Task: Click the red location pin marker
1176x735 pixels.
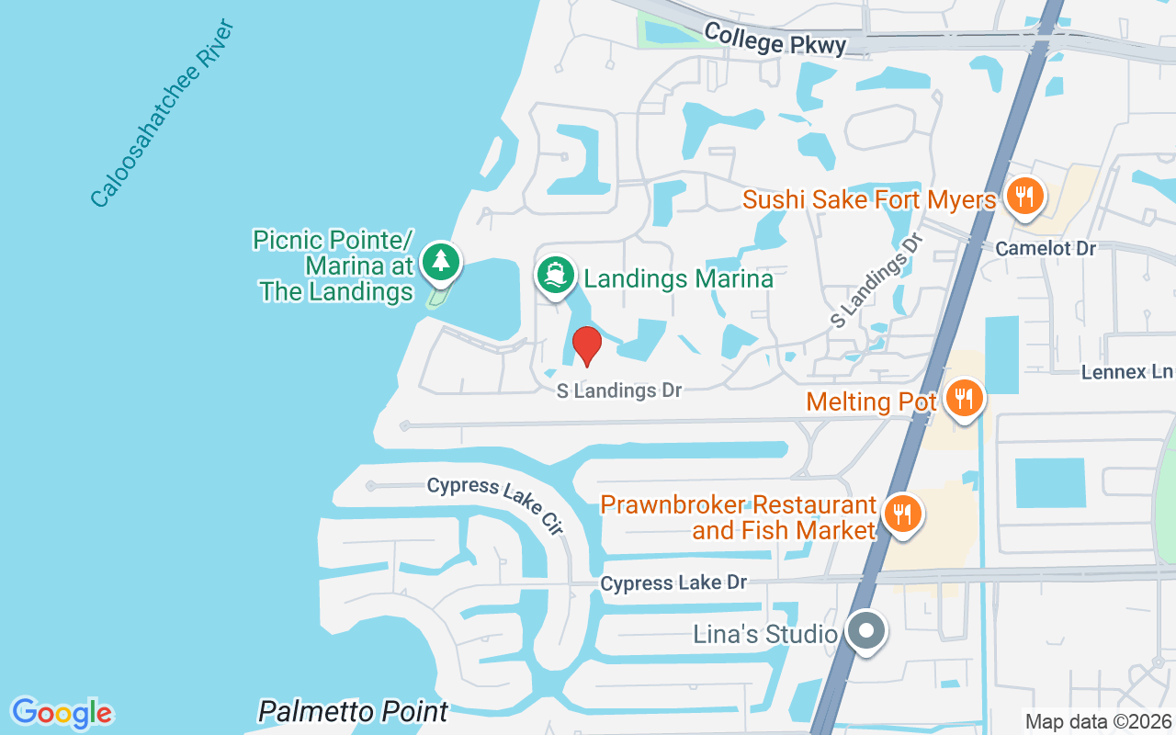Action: coord(586,345)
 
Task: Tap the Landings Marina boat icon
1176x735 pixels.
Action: coord(556,276)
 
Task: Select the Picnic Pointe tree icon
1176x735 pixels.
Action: coord(441,261)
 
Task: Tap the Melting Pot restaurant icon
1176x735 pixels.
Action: coord(964,399)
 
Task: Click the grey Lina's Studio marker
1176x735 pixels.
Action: coord(865,632)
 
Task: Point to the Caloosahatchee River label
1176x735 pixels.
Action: coord(164,112)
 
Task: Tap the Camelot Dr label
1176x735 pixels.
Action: coord(1046,249)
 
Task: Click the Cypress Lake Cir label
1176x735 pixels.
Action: coord(495,504)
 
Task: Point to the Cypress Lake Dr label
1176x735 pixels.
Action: coord(673,582)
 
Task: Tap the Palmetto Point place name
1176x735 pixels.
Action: coord(353,711)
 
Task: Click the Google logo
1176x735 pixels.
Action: coord(62,713)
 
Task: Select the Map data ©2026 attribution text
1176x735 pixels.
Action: coord(1099,722)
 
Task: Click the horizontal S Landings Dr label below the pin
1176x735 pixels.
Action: coord(619,390)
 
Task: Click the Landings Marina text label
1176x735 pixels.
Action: coord(679,278)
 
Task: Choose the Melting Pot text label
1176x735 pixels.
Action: coord(871,401)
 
